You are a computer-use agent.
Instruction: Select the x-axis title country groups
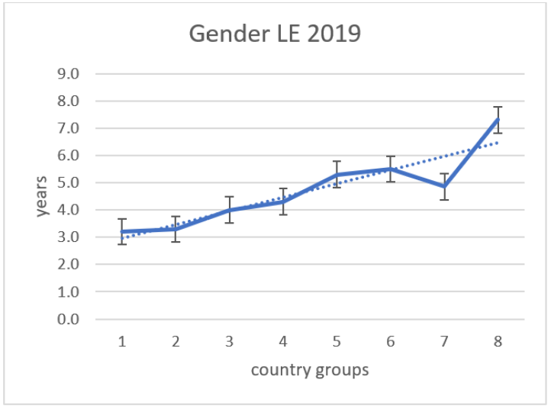(310, 370)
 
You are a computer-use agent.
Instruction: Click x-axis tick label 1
(122, 342)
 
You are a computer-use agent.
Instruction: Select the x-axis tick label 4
(283, 342)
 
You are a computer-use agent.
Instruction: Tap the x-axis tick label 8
(498, 342)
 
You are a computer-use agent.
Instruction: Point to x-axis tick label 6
(390, 342)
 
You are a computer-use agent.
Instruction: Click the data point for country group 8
(498, 120)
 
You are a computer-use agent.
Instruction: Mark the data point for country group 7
(444, 186)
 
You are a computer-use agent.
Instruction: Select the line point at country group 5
(337, 175)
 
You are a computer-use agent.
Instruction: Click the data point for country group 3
(229, 210)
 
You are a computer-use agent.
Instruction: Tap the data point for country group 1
(122, 231)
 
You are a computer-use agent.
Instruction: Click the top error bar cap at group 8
(498, 107)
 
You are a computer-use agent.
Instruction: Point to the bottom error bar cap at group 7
(444, 199)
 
